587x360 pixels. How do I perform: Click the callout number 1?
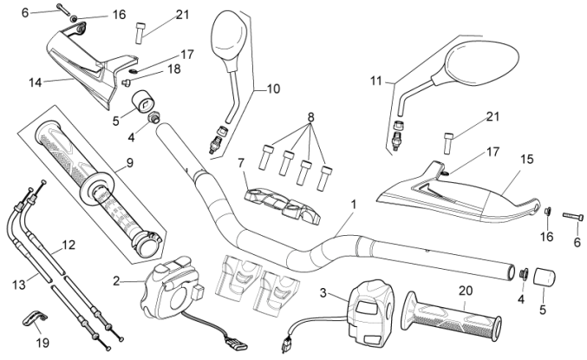[352, 206]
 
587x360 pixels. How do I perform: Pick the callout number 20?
[466, 291]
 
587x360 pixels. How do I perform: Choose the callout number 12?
[69, 245]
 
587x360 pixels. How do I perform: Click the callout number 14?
[36, 83]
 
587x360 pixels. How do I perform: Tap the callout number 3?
[323, 293]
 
